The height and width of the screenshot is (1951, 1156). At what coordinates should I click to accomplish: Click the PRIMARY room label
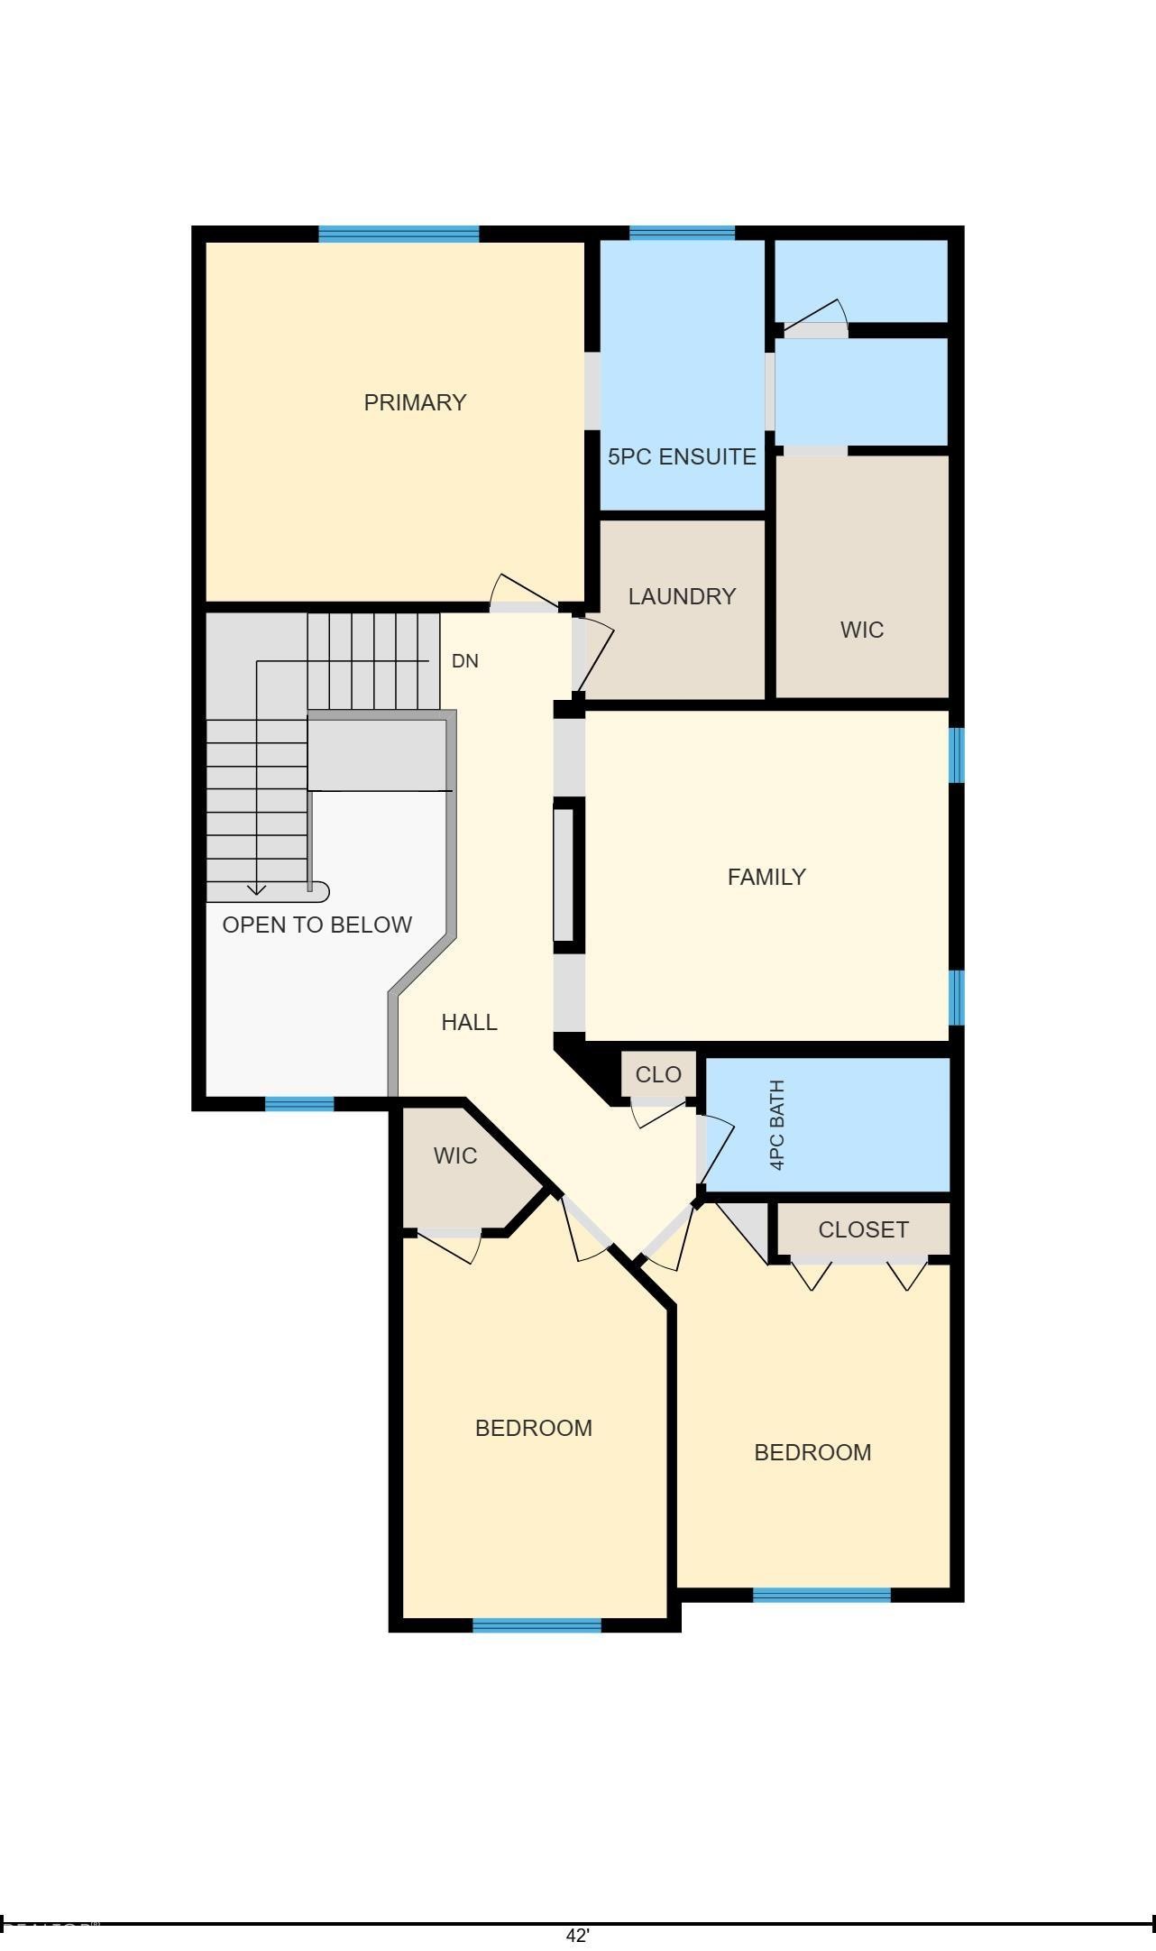[415, 402]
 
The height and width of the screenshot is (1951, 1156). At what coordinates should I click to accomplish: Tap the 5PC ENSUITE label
[682, 456]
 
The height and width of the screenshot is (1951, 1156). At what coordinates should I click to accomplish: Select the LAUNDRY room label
[682, 596]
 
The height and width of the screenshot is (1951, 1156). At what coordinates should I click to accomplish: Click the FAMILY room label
[766, 877]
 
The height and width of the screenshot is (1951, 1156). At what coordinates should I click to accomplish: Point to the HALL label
[469, 1022]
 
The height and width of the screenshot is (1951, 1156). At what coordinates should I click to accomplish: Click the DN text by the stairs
[464, 661]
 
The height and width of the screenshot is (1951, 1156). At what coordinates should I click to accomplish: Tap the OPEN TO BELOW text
[317, 925]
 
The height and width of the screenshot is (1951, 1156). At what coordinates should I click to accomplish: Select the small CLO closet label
[658, 1075]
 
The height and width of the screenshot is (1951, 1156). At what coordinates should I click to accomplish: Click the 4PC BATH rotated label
[777, 1125]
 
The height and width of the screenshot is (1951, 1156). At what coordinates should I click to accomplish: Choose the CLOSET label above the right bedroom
[863, 1229]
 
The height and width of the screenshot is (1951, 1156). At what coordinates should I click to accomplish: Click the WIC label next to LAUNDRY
[861, 630]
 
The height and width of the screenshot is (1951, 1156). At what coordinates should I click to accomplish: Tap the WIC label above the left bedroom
[454, 1155]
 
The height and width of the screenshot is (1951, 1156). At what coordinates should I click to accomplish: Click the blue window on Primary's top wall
[399, 235]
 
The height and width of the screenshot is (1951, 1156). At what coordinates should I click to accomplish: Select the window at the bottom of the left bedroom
[537, 1625]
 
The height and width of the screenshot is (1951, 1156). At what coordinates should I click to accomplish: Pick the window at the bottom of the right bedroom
[821, 1595]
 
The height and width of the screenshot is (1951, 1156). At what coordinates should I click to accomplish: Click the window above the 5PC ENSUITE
[682, 234]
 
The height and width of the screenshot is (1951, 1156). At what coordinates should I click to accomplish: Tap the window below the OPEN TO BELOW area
[299, 1103]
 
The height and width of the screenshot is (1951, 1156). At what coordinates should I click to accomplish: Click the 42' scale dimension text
[577, 1936]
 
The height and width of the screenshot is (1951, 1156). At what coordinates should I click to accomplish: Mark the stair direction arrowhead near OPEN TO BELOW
[257, 890]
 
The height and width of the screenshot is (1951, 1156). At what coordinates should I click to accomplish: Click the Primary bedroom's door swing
[523, 592]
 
